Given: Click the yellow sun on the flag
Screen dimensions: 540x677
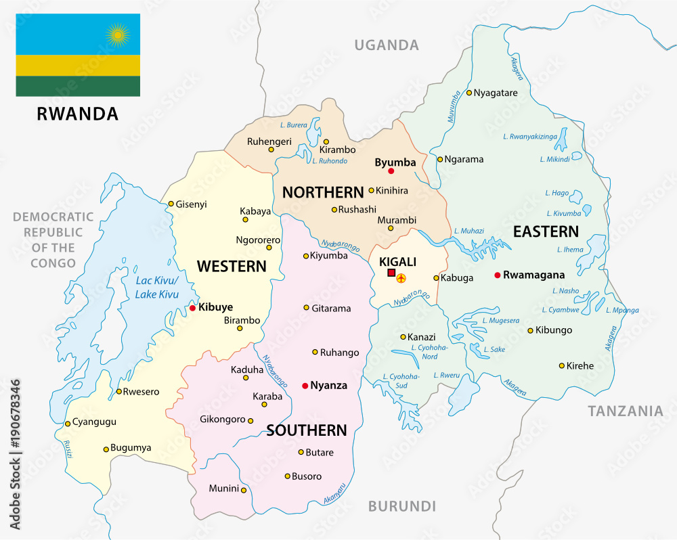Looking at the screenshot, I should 118,33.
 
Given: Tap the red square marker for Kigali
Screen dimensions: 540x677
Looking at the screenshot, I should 391,273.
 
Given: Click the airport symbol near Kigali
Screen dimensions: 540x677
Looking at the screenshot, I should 402,277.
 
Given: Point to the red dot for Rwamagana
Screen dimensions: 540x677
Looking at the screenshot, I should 498,275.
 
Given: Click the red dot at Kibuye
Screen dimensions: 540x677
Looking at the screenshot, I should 192,308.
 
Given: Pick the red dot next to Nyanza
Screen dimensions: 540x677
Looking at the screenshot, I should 305,386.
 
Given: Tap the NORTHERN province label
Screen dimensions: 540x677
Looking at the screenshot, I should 323,192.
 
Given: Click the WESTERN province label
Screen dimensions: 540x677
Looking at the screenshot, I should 232,266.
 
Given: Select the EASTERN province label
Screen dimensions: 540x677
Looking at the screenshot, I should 546,232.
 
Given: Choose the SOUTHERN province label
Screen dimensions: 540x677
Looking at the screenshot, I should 307,430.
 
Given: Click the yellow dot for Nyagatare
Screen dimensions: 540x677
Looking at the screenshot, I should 468,93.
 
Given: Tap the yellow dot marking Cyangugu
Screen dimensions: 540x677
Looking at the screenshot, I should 68,424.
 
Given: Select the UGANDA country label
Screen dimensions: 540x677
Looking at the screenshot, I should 387,45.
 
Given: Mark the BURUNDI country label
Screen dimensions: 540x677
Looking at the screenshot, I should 401,506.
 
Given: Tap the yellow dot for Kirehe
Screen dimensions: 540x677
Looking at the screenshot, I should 561,365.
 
